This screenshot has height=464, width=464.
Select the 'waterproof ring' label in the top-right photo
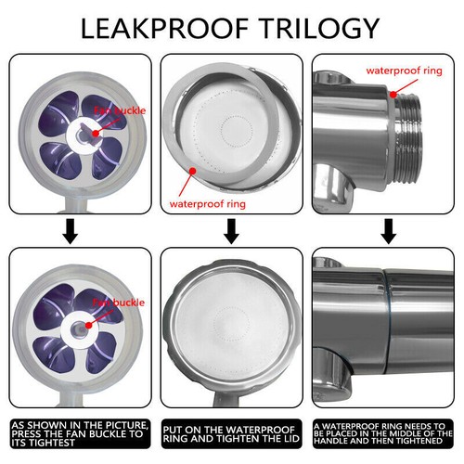pyautogui.click(x=405, y=69)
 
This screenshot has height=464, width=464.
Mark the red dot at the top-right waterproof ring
pyautogui.click(x=393, y=93)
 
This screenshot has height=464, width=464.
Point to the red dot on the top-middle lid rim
pyautogui.click(x=191, y=170)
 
